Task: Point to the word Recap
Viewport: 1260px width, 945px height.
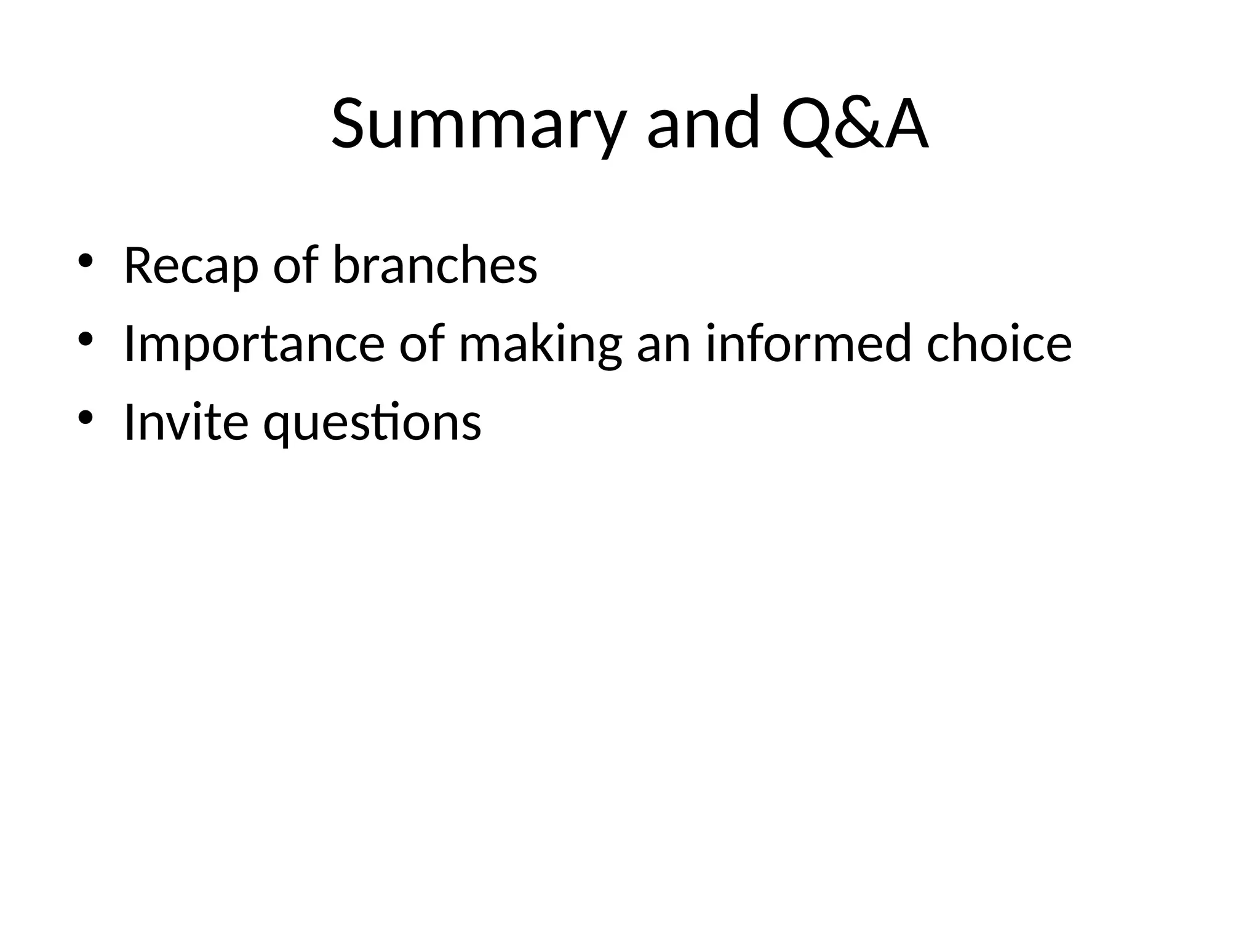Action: [x=191, y=266]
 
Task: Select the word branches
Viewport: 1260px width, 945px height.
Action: [x=435, y=266]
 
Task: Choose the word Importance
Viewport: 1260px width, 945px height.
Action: [x=254, y=344]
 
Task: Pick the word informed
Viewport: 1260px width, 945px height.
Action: [x=808, y=344]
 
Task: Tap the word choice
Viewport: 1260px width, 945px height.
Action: [x=999, y=344]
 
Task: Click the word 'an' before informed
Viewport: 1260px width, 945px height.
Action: [x=663, y=344]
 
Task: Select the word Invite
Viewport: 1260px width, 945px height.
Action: [x=186, y=422]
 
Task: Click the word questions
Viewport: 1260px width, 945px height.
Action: [x=372, y=423]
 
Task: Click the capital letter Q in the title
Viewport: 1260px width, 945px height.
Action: [x=807, y=124]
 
